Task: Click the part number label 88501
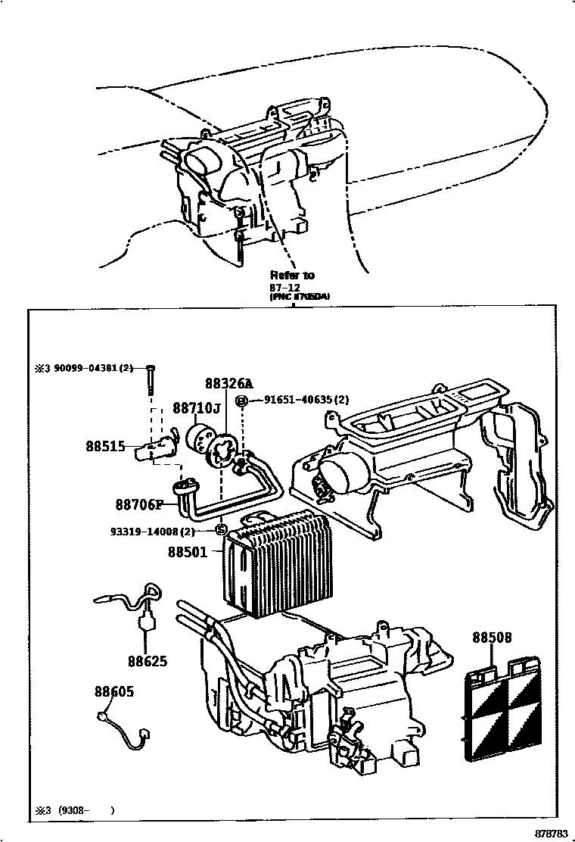coord(187,552)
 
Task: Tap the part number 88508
coord(492,638)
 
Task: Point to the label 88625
coord(147,661)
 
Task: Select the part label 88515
coord(105,447)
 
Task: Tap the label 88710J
coord(196,408)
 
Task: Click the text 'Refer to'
coord(292,275)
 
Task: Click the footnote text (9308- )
coord(87,809)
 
